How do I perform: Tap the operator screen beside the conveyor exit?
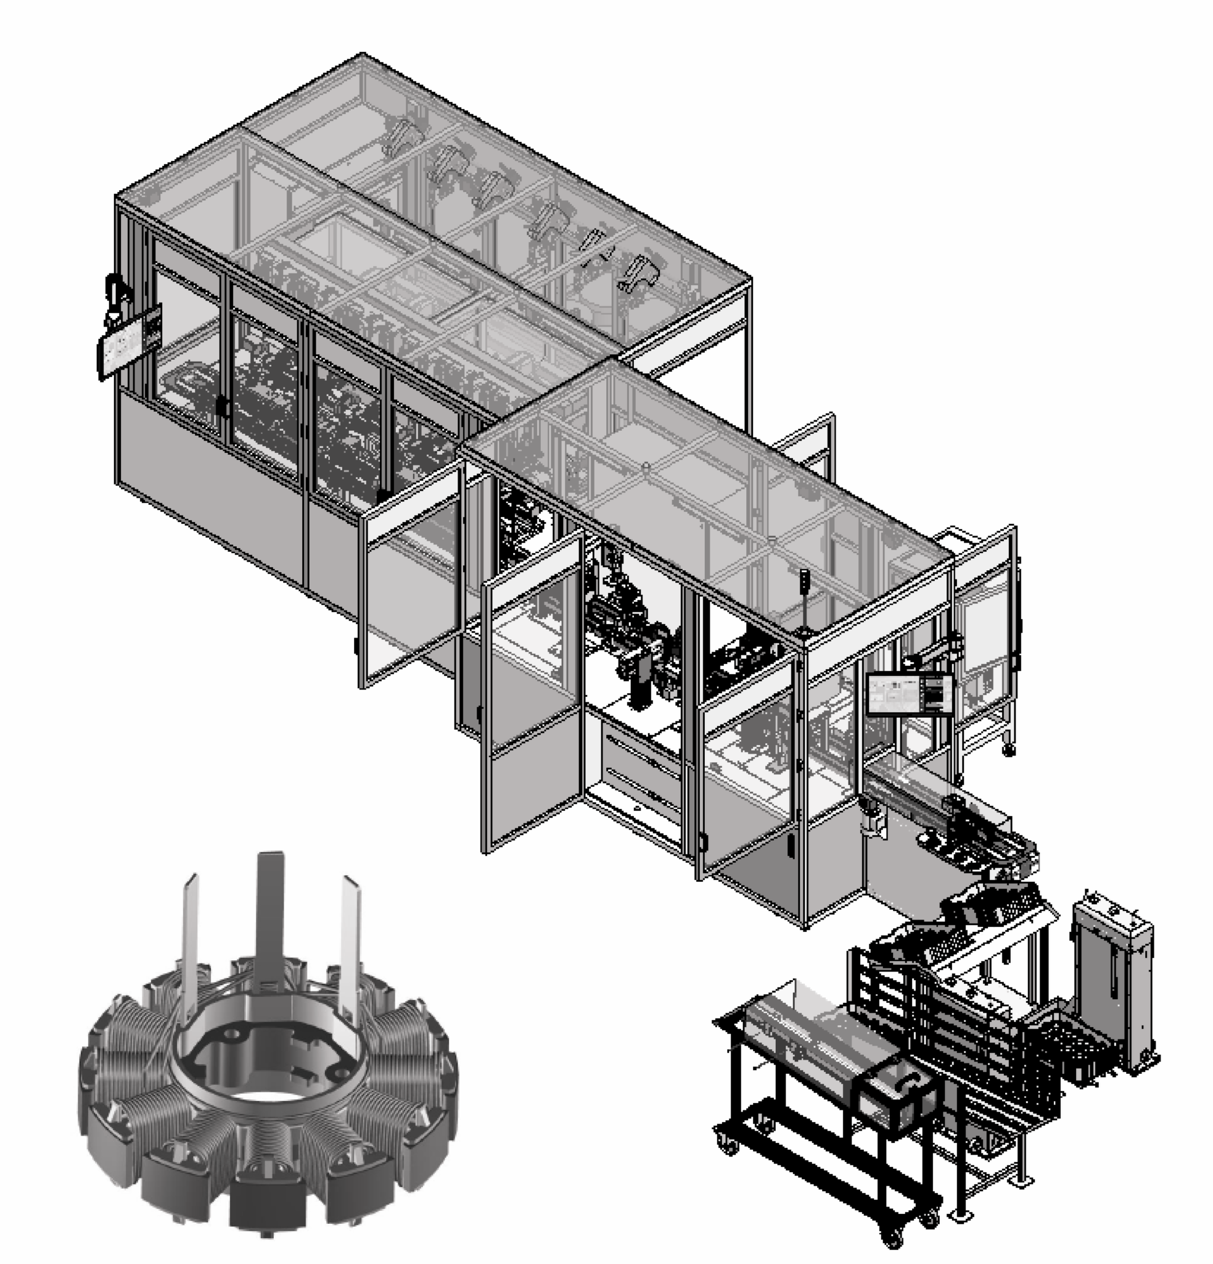[910, 694]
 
